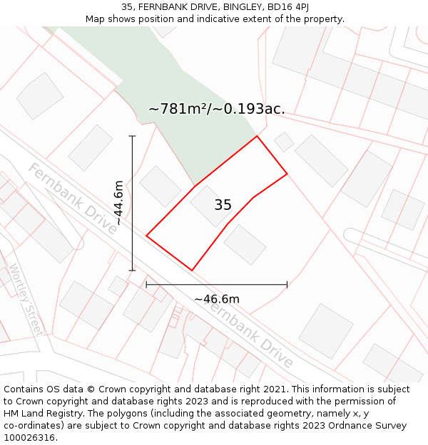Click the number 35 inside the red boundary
pos(223,205)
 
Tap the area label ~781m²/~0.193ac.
pos(216,109)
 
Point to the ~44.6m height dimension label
pos(118,203)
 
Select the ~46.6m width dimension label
pos(217,298)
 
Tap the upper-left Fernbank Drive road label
pos(73,197)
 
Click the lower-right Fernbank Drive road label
pos(250,333)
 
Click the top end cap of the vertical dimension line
pos(132,136)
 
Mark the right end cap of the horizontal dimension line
pos(287,284)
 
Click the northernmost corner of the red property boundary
pos(257,136)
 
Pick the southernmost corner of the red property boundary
pos(192,271)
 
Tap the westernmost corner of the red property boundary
pos(146,235)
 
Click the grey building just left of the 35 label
pos(160,186)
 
